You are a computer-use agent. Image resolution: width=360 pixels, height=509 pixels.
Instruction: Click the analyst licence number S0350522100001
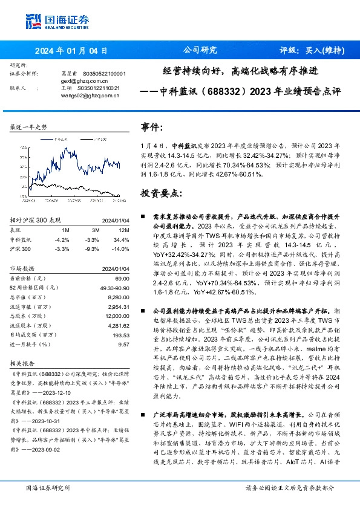coord(103,73)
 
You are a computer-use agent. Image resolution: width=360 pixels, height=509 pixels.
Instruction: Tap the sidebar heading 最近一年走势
coord(28,127)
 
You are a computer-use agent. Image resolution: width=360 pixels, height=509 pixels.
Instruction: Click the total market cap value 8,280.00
coord(118,298)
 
